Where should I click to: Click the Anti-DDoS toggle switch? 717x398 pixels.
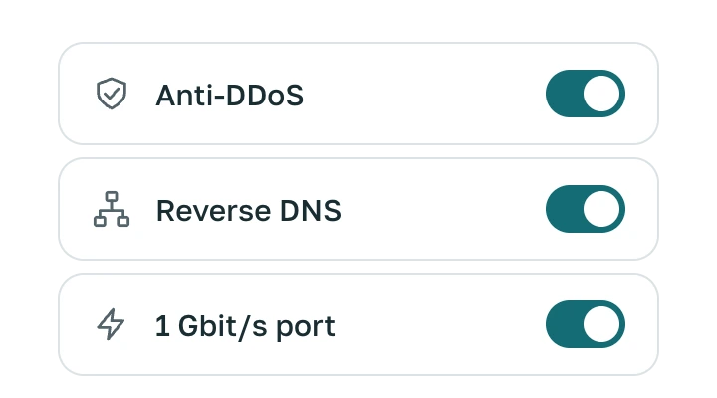(586, 94)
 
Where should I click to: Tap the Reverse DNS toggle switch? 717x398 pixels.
(586, 209)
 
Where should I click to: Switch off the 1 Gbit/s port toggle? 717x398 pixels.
(586, 324)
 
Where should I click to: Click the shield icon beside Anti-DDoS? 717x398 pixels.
(112, 94)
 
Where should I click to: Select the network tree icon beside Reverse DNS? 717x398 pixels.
(112, 209)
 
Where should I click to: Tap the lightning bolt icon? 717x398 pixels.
(111, 324)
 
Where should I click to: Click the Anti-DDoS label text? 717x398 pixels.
(230, 96)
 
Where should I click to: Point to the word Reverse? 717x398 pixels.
(213, 211)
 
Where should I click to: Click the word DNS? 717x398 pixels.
(311, 211)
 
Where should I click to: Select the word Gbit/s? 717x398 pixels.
(223, 326)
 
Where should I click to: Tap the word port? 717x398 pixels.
(306, 328)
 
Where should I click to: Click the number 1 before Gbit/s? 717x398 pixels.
(162, 326)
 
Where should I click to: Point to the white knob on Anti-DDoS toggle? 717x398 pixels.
(601, 94)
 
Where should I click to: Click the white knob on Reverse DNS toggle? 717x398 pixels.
(601, 209)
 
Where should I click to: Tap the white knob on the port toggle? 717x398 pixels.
(601, 324)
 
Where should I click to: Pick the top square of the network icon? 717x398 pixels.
(112, 196)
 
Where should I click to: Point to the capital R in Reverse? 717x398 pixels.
(166, 211)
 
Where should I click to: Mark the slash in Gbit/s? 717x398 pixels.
(246, 326)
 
